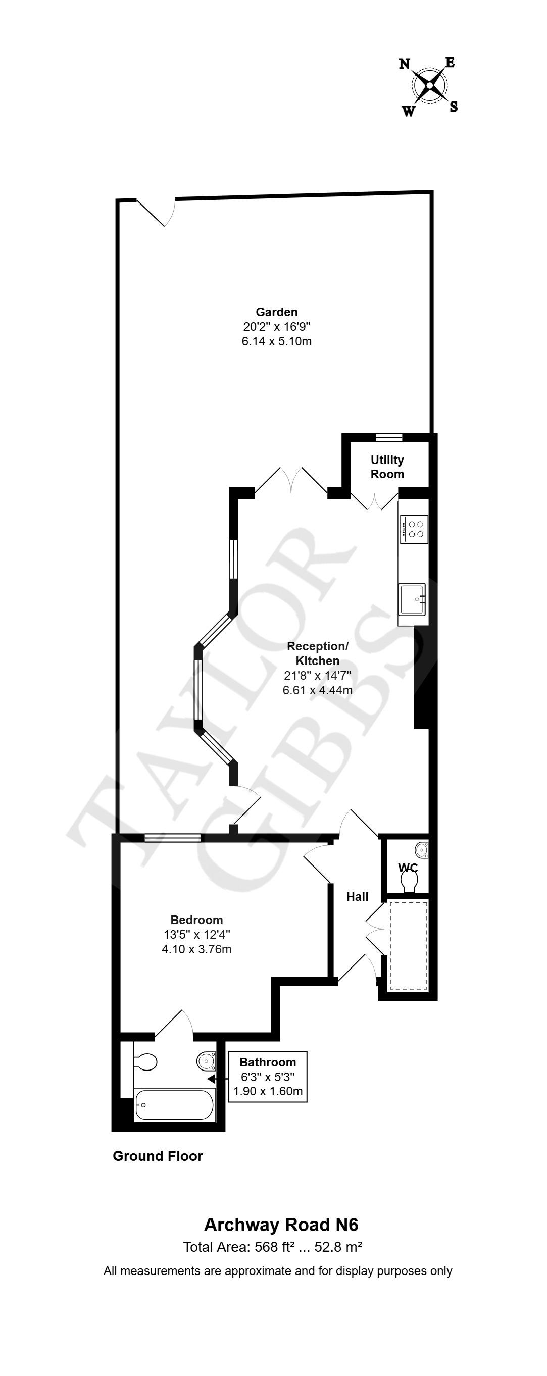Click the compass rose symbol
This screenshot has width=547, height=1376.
coord(429,85)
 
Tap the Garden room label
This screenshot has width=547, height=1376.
coord(276,312)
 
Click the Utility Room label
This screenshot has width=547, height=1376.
coord(387,467)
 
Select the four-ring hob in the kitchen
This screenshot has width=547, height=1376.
coord(415,529)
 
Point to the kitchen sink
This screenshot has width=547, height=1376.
coord(412,600)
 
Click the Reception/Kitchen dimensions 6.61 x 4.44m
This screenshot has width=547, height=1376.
coord(317,690)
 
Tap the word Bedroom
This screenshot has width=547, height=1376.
coord(196,920)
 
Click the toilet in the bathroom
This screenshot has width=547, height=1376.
coord(145,1062)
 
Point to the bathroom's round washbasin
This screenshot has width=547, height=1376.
coord(206,1060)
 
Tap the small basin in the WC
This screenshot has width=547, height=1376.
coord(422,849)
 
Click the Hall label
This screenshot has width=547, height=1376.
coord(358,897)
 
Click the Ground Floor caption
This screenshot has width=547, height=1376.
coord(158,1156)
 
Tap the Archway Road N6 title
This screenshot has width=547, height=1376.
coord(281,1225)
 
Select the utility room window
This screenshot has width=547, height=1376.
coord(388,438)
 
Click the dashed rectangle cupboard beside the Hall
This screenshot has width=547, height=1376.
coord(408,945)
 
